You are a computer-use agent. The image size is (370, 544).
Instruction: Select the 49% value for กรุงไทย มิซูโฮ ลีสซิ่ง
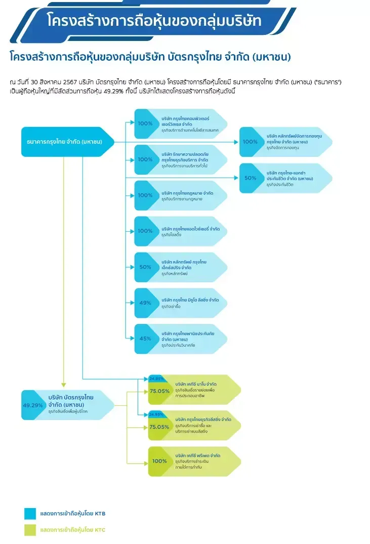[145, 303]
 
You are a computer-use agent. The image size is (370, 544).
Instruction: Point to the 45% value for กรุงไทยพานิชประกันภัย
[145, 339]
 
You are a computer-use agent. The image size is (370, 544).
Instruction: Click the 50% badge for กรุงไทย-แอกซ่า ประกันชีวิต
[250, 178]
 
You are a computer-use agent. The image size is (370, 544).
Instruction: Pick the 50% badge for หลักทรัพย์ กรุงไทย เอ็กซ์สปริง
[145, 267]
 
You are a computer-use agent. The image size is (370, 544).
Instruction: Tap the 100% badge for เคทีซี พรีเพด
[159, 461]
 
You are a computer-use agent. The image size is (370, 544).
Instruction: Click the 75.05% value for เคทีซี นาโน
[159, 391]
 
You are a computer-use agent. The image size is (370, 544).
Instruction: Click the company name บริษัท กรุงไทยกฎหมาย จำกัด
[187, 193]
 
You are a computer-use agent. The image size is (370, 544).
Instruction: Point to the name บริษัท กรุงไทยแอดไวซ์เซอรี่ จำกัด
[190, 229]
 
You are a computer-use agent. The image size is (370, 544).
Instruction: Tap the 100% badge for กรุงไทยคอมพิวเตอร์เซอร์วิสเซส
[145, 123]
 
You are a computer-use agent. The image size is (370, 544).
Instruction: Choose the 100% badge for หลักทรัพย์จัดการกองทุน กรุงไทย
[250, 142]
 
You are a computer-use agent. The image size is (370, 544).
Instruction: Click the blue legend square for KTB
[30, 513]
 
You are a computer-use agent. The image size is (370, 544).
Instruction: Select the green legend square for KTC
[30, 530]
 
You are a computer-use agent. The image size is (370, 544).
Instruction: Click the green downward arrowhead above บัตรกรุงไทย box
[64, 385]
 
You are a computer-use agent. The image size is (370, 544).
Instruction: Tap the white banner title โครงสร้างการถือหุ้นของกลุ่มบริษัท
[154, 21]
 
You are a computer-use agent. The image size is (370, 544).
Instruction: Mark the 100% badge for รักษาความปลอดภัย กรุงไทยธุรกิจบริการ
[145, 159]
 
